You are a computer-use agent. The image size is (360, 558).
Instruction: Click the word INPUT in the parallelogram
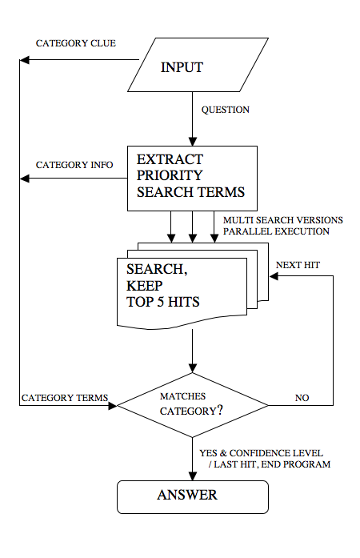coord(182,67)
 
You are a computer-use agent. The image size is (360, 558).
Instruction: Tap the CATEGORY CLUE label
coord(76,43)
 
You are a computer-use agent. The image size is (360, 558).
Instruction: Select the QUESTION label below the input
coord(225,110)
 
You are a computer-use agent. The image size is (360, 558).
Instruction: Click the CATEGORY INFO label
coord(74,165)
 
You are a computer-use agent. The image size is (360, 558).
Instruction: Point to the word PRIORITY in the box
coord(170,175)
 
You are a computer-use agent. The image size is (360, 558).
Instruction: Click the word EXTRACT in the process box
coord(170,159)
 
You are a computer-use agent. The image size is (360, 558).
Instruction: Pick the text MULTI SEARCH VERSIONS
coord(283,220)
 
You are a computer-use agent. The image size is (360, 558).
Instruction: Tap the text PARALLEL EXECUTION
coord(277,231)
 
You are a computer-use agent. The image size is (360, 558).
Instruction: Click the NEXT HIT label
coord(298,265)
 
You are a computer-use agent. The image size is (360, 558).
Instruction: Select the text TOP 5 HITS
coord(163,302)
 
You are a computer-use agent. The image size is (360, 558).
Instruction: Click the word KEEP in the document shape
coord(145,286)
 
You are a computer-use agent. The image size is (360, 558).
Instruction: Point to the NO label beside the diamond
coord(302,398)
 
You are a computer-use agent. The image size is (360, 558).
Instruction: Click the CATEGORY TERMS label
coord(65,398)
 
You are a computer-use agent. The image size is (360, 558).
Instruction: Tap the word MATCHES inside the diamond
coord(183,396)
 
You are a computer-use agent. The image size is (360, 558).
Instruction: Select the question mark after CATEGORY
coord(220,410)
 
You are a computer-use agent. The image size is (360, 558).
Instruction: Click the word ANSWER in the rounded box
coord(187,495)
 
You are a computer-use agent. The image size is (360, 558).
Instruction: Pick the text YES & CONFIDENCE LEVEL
coord(261,453)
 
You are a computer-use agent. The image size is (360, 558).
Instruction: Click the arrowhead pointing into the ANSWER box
coord(193,476)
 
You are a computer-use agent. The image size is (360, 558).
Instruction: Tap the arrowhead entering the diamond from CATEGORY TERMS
coord(113,405)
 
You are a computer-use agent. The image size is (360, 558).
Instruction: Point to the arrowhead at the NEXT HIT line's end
coord(274,276)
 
